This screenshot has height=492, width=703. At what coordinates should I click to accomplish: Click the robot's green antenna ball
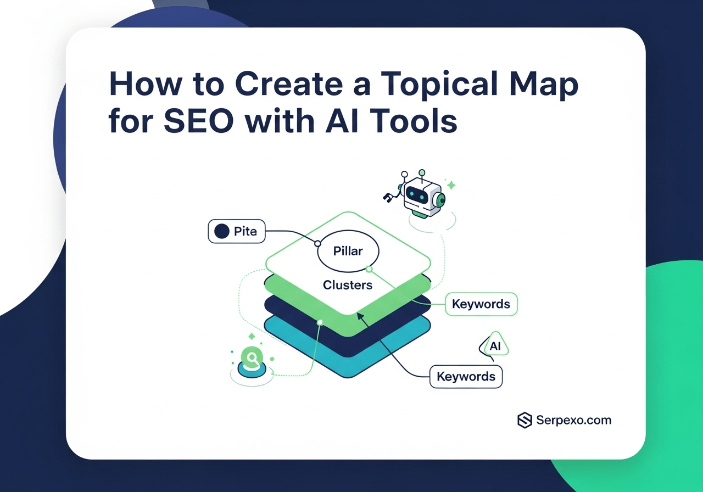tap(422, 173)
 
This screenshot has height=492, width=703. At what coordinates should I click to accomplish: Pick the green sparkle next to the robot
tap(451, 186)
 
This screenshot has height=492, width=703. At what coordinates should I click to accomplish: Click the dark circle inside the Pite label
tap(221, 231)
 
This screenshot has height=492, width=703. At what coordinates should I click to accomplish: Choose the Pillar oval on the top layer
tap(348, 251)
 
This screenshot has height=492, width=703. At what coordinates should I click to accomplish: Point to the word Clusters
tap(348, 285)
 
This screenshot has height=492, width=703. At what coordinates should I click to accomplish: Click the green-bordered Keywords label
tap(481, 304)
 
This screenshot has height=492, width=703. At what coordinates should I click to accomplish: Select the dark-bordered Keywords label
tap(466, 377)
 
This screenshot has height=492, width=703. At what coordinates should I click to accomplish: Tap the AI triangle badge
tap(494, 346)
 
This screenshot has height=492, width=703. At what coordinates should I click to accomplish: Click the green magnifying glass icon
tap(251, 359)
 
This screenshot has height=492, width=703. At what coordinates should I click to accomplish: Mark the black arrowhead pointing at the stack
tap(360, 315)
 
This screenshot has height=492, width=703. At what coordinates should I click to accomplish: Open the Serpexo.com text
tap(574, 420)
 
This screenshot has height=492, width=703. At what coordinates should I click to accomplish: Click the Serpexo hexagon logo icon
tap(525, 420)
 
